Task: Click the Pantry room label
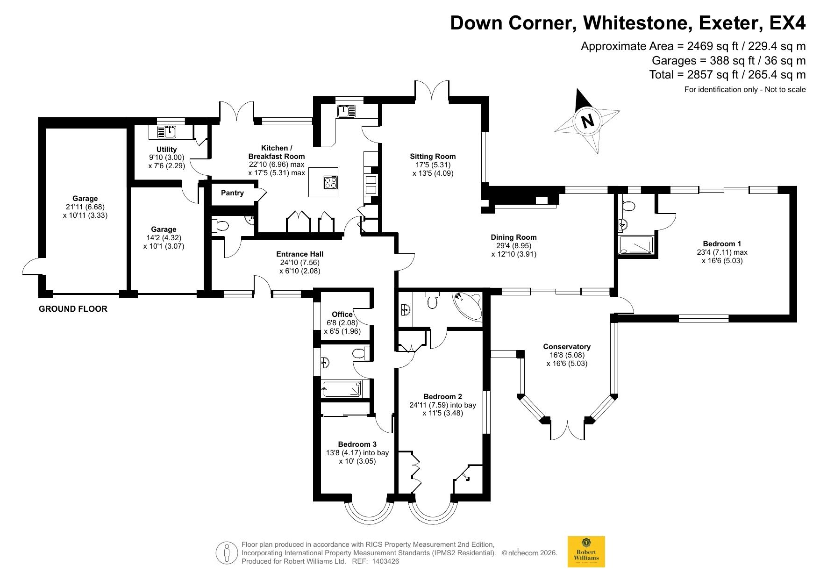[232, 193]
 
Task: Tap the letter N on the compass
[587, 121]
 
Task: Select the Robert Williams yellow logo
[586, 551]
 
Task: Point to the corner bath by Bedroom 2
[467, 306]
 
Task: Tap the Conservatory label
[567, 347]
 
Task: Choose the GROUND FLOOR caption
[73, 309]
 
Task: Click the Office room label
[342, 315]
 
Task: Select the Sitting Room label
[433, 157]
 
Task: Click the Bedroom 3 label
[357, 444]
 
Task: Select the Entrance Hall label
[300, 254]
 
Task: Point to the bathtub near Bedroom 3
[342, 389]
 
